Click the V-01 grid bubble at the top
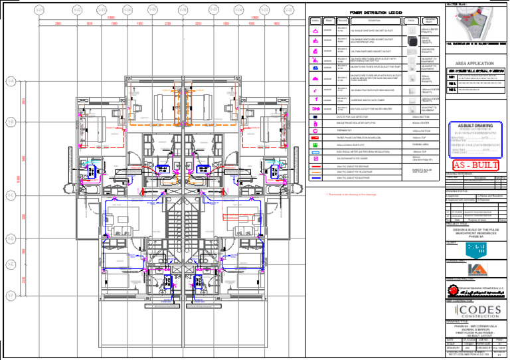point(39,10)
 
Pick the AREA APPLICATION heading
point(474,63)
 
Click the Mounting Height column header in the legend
point(430,21)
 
